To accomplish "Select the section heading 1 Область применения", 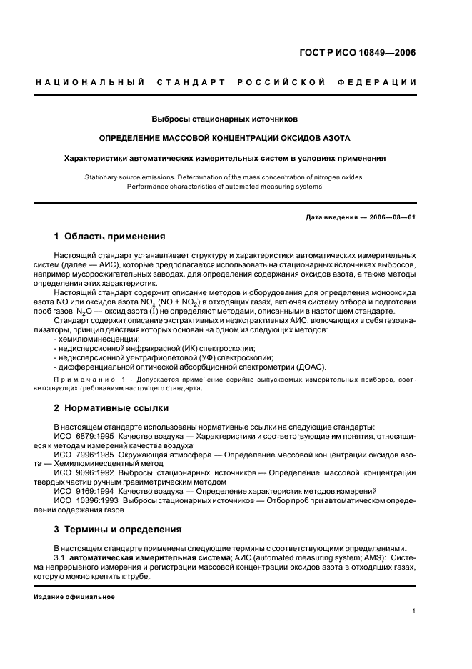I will click(x=110, y=237).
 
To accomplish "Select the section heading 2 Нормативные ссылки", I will click(x=112, y=408).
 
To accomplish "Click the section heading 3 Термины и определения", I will click(x=118, y=530).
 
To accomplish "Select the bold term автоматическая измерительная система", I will click(x=149, y=557).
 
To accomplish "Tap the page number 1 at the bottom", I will click(x=413, y=611).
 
